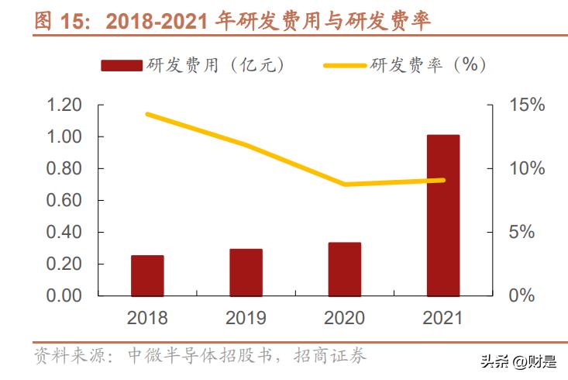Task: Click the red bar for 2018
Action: (x=147, y=275)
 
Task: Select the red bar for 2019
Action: (x=246, y=272)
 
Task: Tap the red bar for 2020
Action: (x=344, y=269)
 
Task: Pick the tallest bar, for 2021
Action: (x=443, y=215)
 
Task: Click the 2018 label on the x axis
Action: (x=147, y=317)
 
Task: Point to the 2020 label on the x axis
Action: (x=344, y=317)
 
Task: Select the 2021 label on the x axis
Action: (x=443, y=317)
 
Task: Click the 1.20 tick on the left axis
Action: (x=64, y=105)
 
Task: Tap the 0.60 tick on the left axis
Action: (x=64, y=200)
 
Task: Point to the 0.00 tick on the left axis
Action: (x=64, y=295)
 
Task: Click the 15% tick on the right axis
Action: (x=527, y=105)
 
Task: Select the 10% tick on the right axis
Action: (x=527, y=168)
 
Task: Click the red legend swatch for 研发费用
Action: (x=120, y=65)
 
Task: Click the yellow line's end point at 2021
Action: (x=443, y=180)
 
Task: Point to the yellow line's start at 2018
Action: (x=147, y=114)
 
